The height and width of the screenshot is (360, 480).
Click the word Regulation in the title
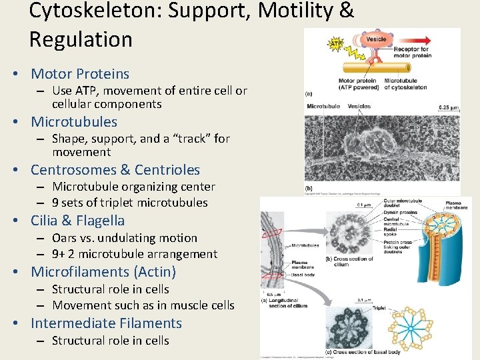click(x=81, y=39)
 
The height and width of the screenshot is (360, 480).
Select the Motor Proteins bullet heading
click(x=80, y=74)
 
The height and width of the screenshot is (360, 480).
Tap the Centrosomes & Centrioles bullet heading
click(x=115, y=170)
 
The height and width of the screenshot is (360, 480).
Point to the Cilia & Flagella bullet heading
click(x=77, y=221)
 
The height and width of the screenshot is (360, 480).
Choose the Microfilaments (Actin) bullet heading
click(x=103, y=272)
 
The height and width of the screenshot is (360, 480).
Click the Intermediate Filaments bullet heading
click(x=106, y=323)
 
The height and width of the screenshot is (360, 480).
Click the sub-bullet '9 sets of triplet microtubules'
click(x=130, y=203)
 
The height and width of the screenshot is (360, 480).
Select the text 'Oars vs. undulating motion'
click(x=125, y=238)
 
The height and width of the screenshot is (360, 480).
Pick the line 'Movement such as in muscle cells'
click(x=143, y=305)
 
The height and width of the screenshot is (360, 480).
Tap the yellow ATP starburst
click(x=336, y=44)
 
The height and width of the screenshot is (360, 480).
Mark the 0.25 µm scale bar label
click(x=448, y=107)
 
